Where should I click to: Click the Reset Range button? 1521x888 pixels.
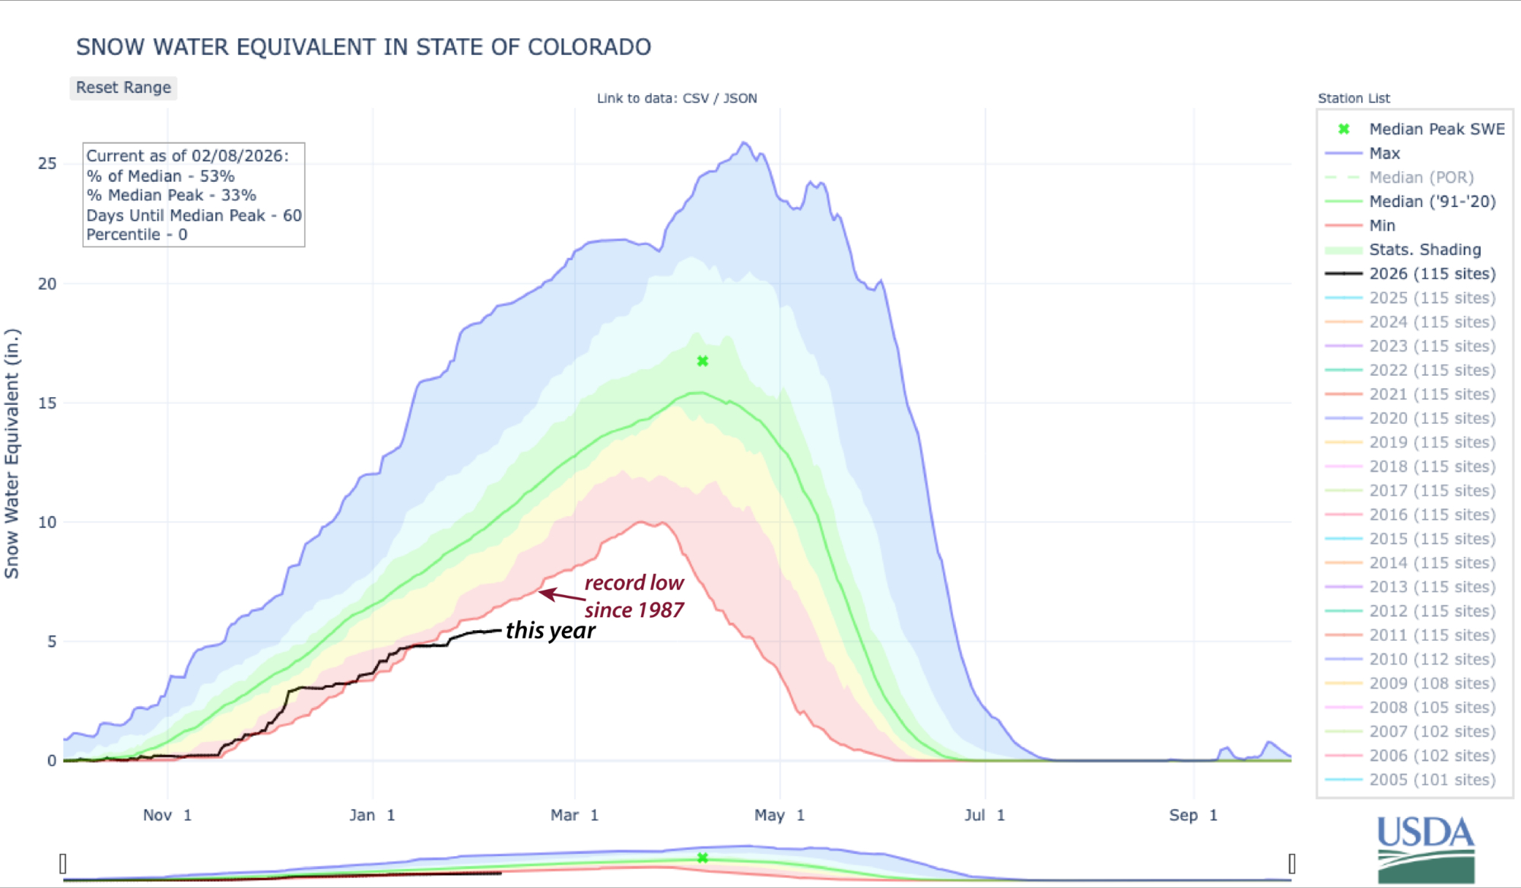coord(123,88)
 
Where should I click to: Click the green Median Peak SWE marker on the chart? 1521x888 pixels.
coord(703,361)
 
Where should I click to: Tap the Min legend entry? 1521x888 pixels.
coord(1382,226)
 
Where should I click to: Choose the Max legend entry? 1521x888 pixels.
coord(1384,154)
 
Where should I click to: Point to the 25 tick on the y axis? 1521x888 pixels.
coord(47,164)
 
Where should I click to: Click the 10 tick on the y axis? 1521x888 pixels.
coord(47,523)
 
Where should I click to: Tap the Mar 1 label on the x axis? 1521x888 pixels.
coord(574,815)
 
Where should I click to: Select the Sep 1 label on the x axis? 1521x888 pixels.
coord(1193,815)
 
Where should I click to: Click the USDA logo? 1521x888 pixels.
coord(1426,848)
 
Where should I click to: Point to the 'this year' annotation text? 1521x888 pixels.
coord(551,631)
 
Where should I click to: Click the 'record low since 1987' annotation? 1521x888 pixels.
coord(633,597)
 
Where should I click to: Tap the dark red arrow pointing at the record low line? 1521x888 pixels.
coord(561,595)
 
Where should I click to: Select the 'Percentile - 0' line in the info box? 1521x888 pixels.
coord(137,235)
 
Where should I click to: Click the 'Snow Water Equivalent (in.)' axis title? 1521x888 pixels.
coord(11,454)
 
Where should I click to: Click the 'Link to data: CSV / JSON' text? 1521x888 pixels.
coord(677,98)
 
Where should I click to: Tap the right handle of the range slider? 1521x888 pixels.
coord(1291,864)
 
